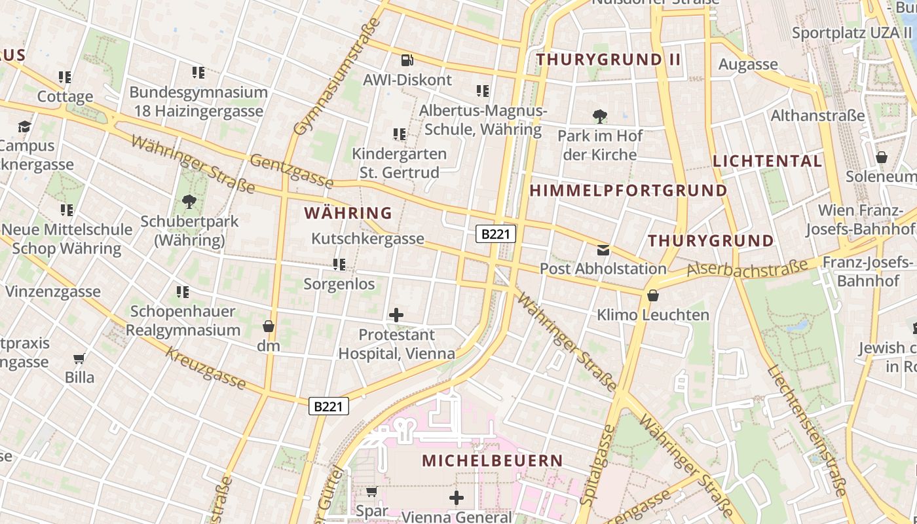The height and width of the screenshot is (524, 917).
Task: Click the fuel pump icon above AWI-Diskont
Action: (407, 60)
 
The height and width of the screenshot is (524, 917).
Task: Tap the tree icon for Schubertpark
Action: (189, 202)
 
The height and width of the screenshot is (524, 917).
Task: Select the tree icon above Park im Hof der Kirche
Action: (599, 117)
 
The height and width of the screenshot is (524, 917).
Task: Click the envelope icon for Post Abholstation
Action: (603, 250)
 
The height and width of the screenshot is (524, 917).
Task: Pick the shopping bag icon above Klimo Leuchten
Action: (652, 295)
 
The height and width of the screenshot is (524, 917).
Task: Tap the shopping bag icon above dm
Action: (268, 326)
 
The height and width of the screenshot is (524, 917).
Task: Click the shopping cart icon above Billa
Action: (79, 358)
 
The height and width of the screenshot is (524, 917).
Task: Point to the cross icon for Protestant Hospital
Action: (396, 315)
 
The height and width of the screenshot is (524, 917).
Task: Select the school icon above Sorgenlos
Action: (339, 265)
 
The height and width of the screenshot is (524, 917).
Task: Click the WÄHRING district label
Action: (348, 213)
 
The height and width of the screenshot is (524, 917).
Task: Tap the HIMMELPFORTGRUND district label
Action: (628, 191)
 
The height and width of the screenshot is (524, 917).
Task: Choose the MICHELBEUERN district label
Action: (492, 460)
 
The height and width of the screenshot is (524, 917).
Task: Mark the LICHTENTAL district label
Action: (767, 161)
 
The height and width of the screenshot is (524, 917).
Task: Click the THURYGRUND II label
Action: (608, 60)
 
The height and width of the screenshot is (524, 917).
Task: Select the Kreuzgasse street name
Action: (206, 368)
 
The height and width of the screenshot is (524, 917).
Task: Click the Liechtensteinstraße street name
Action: (810, 430)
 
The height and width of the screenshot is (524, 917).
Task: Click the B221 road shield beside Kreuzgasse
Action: (328, 406)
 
